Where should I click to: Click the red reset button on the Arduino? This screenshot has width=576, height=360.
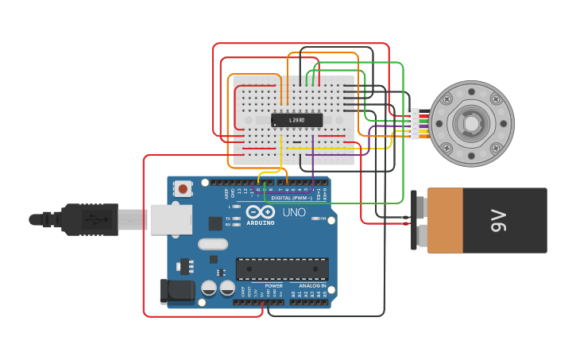point(184,189)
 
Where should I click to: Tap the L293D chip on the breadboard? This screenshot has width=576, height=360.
point(296,120)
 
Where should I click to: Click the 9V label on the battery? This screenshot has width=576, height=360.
point(498,220)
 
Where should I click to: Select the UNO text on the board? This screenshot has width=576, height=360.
point(294,212)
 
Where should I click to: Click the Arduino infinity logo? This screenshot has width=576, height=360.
point(260,212)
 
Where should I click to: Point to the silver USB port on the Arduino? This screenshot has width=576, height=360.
point(170,219)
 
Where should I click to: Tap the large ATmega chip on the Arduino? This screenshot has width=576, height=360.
point(282,269)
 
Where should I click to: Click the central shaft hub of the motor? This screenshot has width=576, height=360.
point(471,124)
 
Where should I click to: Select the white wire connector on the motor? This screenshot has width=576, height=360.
point(413,124)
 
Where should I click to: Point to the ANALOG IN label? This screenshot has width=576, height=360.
point(312,285)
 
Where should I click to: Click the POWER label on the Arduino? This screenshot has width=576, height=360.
point(273,285)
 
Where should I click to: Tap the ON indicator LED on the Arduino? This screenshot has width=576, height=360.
point(315,219)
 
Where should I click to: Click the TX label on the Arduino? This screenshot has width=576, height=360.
point(228,219)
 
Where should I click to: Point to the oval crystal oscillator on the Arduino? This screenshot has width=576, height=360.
point(212,244)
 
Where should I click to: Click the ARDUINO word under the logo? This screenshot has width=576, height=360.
point(260,223)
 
